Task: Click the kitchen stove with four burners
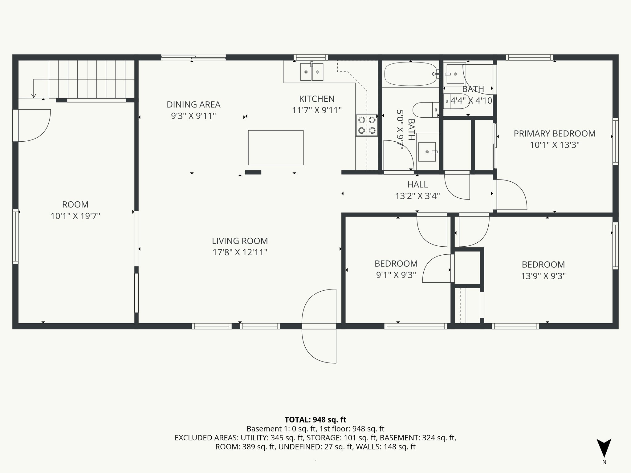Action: click(x=367, y=125)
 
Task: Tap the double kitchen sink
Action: click(x=311, y=72)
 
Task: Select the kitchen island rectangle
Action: click(x=276, y=148)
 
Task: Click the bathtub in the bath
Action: click(x=410, y=74)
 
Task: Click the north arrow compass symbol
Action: click(x=604, y=448)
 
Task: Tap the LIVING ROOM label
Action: click(x=240, y=241)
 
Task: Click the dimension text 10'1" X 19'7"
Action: click(x=75, y=216)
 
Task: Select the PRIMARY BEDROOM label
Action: click(x=554, y=134)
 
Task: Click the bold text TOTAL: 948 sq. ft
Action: click(x=315, y=420)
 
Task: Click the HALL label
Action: click(x=417, y=184)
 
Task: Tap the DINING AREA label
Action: click(x=193, y=105)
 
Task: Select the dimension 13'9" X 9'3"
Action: click(x=543, y=276)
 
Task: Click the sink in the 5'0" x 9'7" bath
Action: click(x=427, y=152)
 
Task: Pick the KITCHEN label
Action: click(x=317, y=99)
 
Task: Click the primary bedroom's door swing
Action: click(x=510, y=195)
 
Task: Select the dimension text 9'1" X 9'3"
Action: click(x=396, y=275)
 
